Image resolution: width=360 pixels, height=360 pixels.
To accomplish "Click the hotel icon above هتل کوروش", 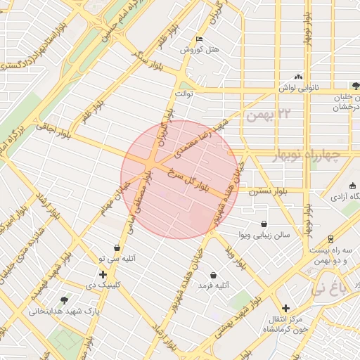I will (200, 39).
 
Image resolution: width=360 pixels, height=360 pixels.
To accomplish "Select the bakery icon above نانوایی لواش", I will (299, 76).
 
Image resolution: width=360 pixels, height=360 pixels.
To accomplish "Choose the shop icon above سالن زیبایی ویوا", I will (264, 224).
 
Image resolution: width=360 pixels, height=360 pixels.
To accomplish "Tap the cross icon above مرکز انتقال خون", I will (285, 308).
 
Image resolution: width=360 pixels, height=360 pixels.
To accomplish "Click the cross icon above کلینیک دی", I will (103, 274).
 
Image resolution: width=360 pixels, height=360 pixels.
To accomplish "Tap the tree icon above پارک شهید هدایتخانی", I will (65, 300).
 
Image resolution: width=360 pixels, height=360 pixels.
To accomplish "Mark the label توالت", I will (184, 93).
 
